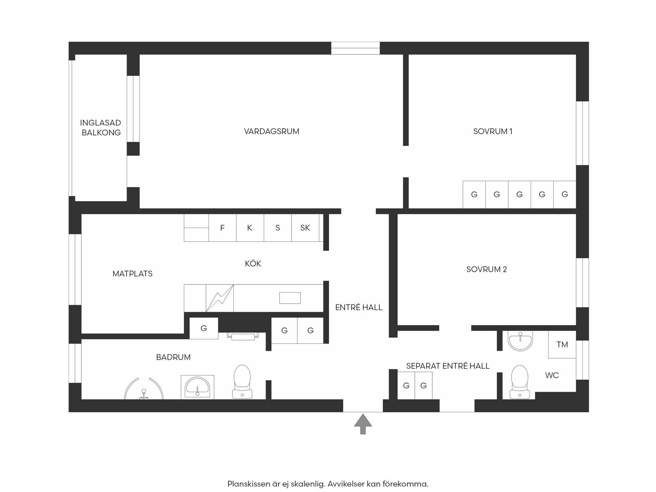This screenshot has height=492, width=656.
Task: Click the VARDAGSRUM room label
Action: (272, 131)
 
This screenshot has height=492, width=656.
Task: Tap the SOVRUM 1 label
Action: (493, 131)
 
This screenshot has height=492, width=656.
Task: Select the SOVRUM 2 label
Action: (487, 269)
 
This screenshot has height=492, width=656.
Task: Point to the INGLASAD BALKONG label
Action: (101, 127)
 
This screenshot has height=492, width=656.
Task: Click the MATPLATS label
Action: (132, 274)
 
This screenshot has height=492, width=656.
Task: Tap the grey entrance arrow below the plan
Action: (363, 424)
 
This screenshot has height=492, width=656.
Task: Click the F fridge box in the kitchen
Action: (222, 228)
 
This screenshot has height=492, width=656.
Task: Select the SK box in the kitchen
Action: (305, 228)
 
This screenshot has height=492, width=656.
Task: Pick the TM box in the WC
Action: (562, 344)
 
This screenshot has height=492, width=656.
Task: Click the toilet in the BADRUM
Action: (242, 381)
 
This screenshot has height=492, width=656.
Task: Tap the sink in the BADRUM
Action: (197, 387)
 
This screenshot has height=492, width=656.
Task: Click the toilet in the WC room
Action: (520, 382)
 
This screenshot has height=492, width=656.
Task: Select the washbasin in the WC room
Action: (520, 341)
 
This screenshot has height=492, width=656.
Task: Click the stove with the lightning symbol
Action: (220, 298)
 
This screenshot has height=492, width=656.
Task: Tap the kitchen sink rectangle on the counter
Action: (290, 298)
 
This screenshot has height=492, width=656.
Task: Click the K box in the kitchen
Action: (250, 228)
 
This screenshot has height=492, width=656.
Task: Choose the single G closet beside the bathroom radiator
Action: (204, 328)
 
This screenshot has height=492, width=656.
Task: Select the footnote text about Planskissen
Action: (328, 484)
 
